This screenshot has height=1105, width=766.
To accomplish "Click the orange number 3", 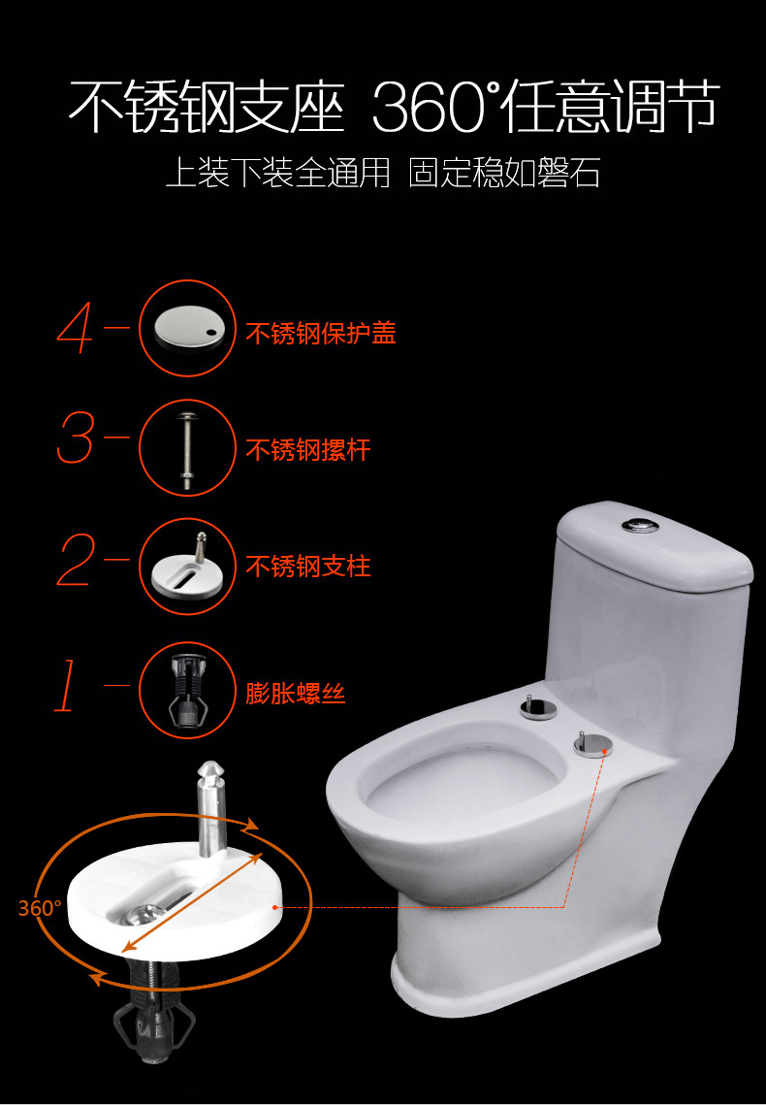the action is (x=76, y=438).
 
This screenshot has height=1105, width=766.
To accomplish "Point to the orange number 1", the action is (x=66, y=685).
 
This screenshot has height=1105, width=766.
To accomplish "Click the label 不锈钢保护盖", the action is (x=321, y=333).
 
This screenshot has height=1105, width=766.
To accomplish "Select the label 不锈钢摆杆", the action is (x=308, y=449).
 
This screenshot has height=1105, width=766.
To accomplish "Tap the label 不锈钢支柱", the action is (x=308, y=566).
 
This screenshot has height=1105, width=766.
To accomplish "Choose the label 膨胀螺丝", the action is (x=296, y=693).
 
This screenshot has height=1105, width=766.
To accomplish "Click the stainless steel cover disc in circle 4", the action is (x=186, y=327).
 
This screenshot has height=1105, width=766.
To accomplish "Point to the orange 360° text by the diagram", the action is (x=40, y=908).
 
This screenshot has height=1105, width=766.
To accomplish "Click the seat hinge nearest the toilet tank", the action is (x=538, y=706).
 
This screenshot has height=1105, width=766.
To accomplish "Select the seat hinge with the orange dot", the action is (x=591, y=744).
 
